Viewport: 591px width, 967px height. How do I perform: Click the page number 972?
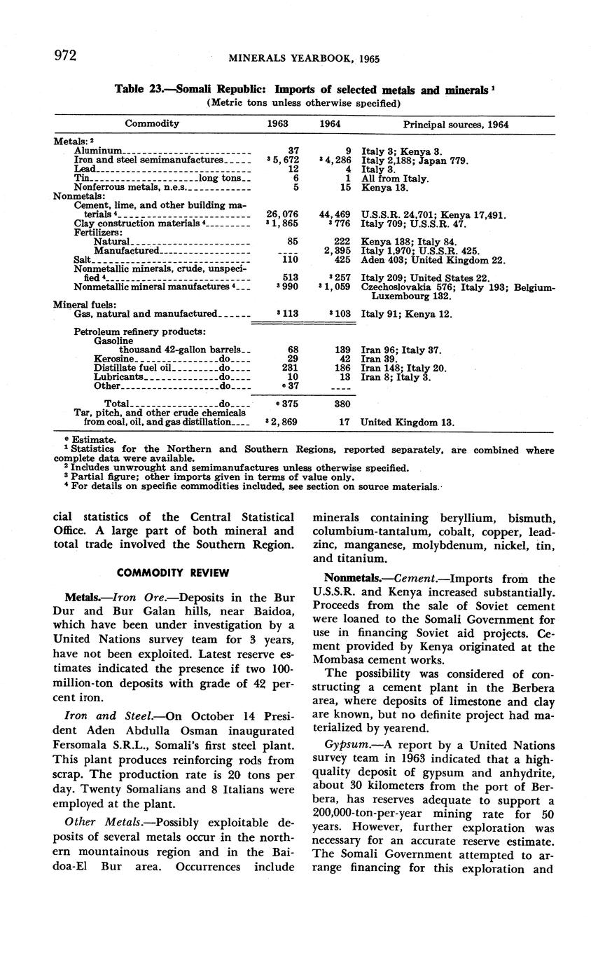64,56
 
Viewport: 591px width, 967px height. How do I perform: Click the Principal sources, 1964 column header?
456,124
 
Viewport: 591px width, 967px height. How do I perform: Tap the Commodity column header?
152,124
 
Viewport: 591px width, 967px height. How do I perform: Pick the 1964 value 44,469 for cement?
335,215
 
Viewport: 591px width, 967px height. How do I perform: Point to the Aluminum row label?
99,151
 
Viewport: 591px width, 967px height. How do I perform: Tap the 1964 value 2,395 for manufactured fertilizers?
337,250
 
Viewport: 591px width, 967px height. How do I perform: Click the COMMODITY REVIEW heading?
173,572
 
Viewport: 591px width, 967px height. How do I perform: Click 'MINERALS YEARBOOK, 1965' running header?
304,59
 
